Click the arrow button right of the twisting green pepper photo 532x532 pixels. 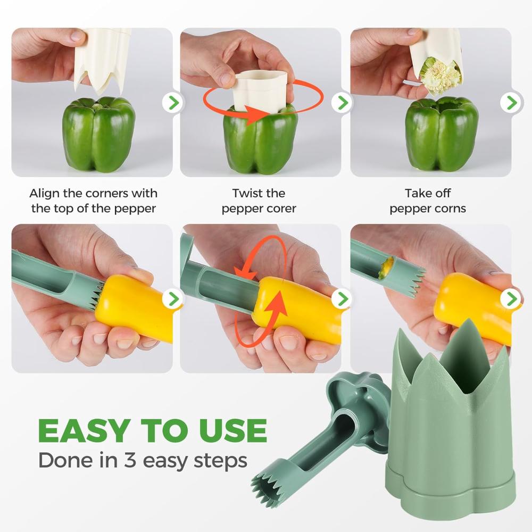click(x=342, y=103)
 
